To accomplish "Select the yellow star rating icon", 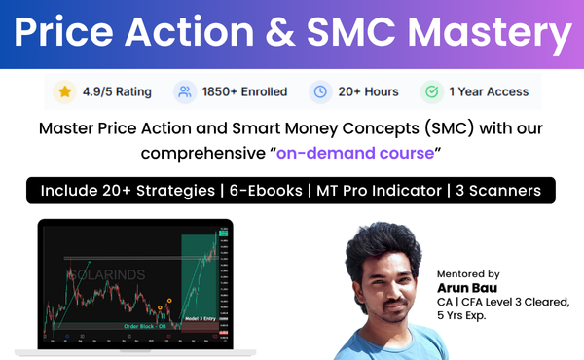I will click(x=64, y=92).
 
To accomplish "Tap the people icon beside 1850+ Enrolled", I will click(x=183, y=92).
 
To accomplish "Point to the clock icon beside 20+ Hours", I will click(x=319, y=92).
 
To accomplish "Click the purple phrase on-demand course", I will click(x=355, y=154).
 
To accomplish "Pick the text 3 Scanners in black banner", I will click(x=497, y=190).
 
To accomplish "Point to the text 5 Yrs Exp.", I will click(x=465, y=317).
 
